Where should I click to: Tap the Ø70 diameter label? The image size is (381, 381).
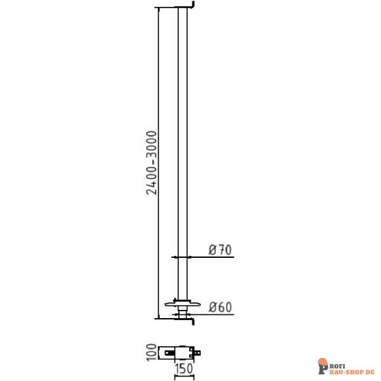click(219, 250)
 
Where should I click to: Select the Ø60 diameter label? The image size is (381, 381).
click(219, 307)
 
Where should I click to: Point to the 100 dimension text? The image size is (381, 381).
click(151, 352)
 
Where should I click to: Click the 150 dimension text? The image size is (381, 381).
click(184, 368)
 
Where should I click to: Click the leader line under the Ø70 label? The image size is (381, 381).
click(213, 257)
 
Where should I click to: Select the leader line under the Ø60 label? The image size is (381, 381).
click(213, 313)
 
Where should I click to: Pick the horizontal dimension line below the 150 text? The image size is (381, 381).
click(184, 375)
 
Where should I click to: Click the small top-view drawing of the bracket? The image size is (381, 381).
click(182, 351)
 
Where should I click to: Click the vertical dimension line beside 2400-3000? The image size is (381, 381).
click(158, 95)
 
